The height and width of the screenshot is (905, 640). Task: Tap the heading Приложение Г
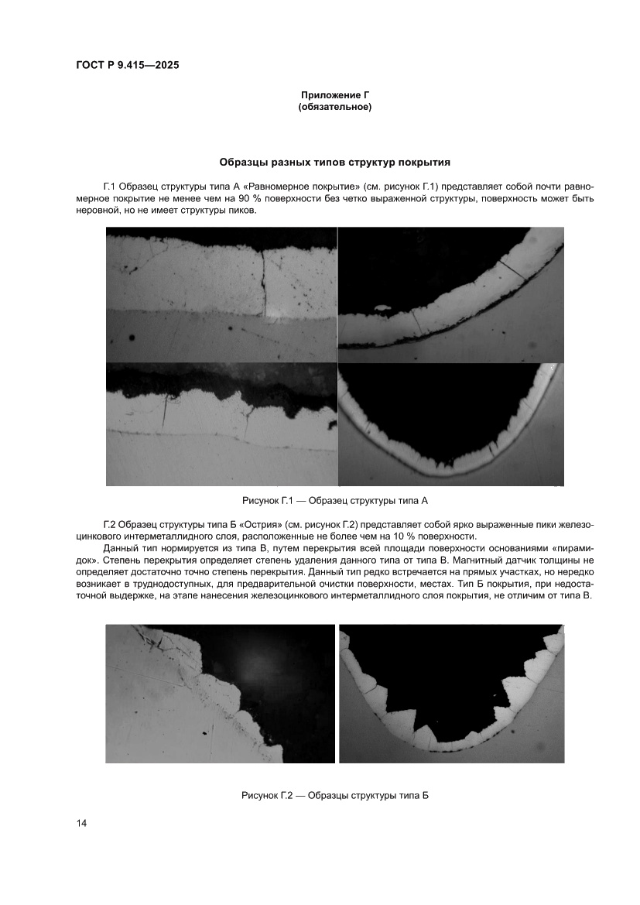335,94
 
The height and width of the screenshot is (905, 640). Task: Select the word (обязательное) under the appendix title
335,107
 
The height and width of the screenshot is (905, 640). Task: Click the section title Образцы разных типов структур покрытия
335,163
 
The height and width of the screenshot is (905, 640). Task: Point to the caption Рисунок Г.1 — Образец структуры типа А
335,501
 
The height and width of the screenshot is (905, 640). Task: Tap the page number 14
81,823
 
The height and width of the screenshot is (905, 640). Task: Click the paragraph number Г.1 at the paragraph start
109,187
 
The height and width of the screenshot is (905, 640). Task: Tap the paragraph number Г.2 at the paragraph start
109,526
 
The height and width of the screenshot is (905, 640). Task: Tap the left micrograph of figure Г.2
221,693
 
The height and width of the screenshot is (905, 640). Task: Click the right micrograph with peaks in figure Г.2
451,693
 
